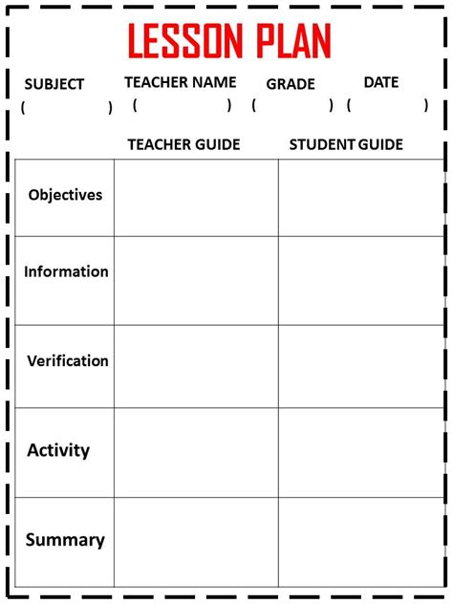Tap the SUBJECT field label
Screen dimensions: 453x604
54,84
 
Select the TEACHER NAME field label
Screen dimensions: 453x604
180,82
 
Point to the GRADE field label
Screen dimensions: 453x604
291,84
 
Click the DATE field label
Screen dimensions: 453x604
381,82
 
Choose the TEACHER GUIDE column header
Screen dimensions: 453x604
183,144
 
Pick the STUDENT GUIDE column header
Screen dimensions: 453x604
346,144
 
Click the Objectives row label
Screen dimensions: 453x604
65,195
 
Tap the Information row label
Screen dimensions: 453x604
66,271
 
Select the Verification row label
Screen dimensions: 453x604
67,361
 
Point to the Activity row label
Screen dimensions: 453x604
58,449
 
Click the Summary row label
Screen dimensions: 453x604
65,540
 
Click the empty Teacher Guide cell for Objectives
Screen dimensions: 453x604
196,198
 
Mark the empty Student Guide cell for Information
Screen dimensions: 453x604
360,280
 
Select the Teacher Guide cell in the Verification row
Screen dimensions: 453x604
196,366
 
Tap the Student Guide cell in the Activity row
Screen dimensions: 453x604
360,452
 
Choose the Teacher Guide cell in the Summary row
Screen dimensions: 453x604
196,541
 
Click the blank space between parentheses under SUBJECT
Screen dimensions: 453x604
66,108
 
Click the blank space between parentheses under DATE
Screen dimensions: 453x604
387,105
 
